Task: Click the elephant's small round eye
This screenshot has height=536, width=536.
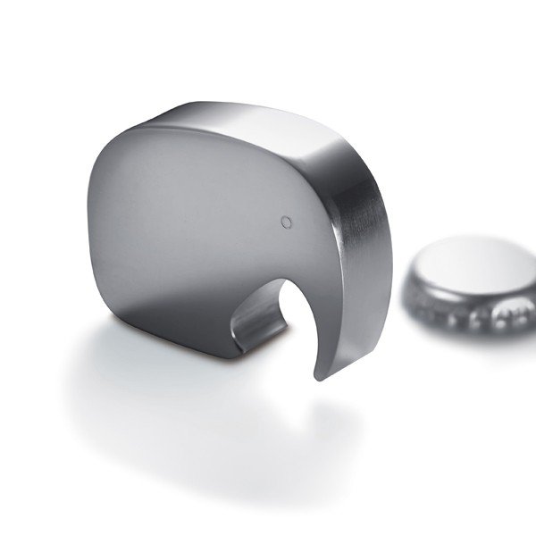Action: [x=285, y=220]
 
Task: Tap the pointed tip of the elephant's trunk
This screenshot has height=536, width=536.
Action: [x=318, y=376]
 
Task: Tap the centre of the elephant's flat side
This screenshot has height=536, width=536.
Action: [x=197, y=223]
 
